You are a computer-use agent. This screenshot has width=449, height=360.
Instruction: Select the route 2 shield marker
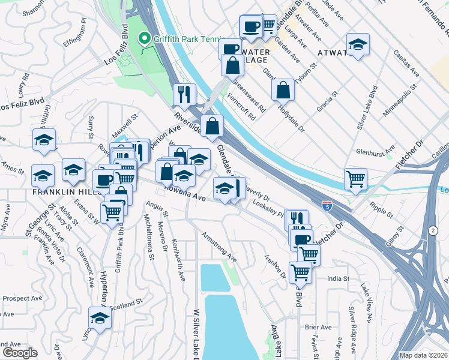(433, 230)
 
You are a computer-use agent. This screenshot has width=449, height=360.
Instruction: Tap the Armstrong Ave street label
(219, 247)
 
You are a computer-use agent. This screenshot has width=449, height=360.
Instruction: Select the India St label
(338, 278)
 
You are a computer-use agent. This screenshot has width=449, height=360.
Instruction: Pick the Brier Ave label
(318, 327)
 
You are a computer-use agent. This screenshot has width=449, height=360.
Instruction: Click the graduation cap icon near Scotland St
(100, 317)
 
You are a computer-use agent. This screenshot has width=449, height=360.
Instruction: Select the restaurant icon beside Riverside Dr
(184, 94)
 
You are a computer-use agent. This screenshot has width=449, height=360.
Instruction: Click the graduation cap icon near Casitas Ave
(358, 44)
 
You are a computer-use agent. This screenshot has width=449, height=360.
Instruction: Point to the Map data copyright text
(423, 355)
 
